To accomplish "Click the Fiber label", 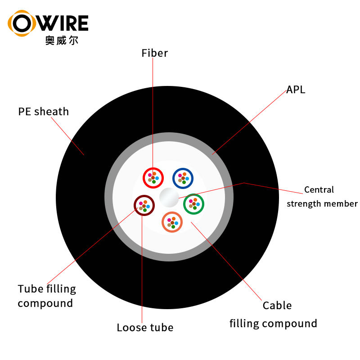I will [x=154, y=53].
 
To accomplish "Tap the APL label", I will [x=296, y=90].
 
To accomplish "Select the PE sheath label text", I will [x=44, y=112].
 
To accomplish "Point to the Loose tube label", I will [x=145, y=328].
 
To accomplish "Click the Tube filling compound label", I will [x=47, y=296].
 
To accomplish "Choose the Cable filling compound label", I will [x=274, y=315].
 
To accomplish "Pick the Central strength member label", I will [x=322, y=197].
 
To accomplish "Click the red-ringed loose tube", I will [x=153, y=178].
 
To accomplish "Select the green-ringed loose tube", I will [x=194, y=204].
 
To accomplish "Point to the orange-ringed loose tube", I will [x=172, y=222].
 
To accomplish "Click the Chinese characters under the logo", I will [x=62, y=40].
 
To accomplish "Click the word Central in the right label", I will [x=319, y=190].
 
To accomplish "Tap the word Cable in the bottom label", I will [x=277, y=306].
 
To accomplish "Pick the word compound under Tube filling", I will [x=45, y=303].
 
